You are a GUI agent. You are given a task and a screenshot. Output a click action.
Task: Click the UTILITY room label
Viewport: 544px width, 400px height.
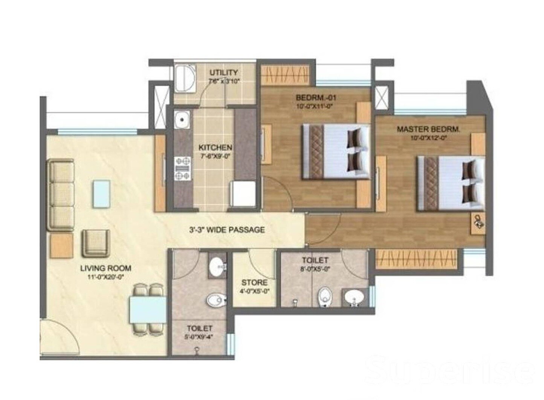(223, 72)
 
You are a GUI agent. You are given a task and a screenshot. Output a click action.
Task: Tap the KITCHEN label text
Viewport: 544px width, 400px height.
(215, 147)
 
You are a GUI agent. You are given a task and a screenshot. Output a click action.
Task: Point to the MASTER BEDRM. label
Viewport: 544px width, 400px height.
(428, 129)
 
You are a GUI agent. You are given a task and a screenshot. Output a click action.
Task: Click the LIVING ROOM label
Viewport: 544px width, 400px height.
(105, 268)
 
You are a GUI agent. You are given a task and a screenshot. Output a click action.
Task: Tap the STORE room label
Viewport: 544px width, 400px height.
(254, 282)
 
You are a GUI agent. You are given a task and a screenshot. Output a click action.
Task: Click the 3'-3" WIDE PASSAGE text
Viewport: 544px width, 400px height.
(227, 230)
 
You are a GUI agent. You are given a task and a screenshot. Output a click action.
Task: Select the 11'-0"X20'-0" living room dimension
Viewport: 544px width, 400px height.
(105, 277)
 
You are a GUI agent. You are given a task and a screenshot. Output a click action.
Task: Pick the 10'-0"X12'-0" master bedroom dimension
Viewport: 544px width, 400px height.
(428, 138)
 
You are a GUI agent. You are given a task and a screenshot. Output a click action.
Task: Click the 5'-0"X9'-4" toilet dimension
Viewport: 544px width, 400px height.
(200, 337)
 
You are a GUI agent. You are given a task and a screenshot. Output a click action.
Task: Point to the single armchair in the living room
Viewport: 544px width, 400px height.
(96, 243)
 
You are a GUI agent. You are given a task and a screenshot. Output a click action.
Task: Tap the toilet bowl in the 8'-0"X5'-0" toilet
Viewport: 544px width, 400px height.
(324, 297)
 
